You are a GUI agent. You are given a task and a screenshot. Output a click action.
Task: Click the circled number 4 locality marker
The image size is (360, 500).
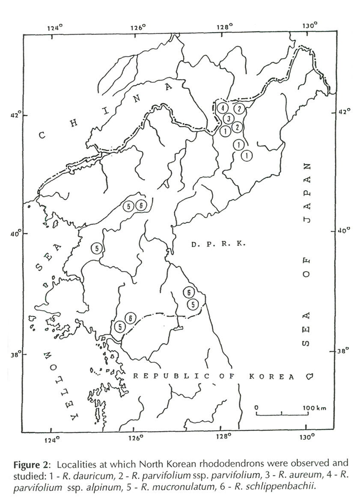[222, 108]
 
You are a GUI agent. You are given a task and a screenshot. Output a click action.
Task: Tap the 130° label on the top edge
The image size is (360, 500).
[309, 25]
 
